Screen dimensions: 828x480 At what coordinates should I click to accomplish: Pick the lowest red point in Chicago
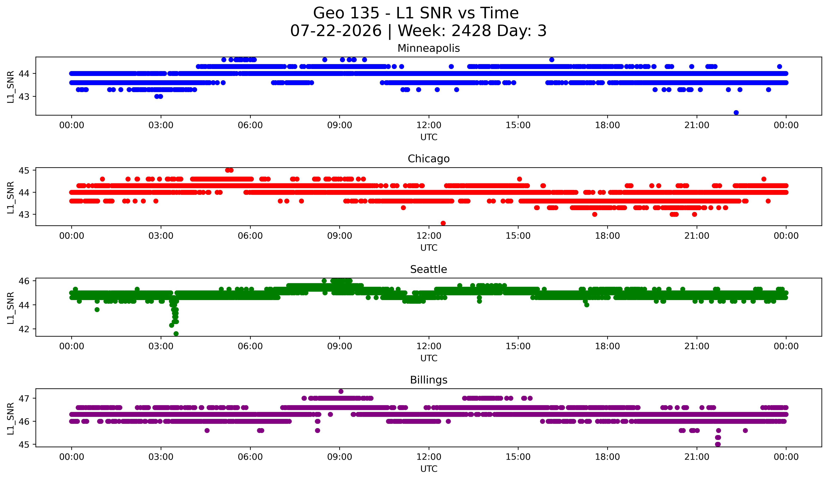(443, 223)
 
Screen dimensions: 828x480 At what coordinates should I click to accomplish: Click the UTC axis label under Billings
(429, 469)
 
